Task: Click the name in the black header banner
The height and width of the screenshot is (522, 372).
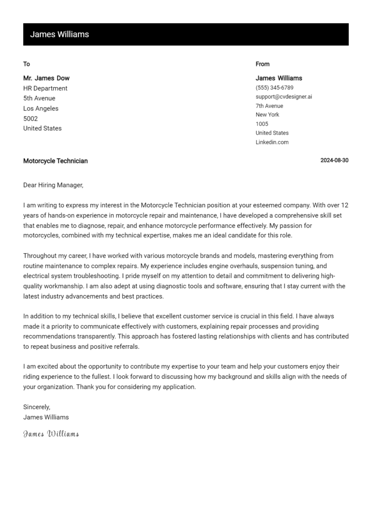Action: [60, 34]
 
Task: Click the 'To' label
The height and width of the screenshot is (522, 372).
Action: [27, 64]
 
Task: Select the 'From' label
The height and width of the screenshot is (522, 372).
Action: [263, 64]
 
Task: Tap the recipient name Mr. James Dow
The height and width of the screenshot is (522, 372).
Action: [46, 78]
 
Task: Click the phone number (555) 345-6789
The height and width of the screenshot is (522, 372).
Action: [274, 88]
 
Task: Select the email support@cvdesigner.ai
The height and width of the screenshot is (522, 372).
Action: [284, 97]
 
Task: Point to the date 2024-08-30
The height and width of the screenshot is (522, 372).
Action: [334, 161]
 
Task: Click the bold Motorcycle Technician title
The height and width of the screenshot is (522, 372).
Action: [55, 161]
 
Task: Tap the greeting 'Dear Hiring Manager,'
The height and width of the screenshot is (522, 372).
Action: [53, 185]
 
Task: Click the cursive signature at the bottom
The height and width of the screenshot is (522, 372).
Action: [51, 434]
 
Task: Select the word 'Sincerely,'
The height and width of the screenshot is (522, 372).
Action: [37, 407]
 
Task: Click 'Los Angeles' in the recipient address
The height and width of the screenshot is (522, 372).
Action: [41, 108]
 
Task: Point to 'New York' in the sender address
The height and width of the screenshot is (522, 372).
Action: [267, 115]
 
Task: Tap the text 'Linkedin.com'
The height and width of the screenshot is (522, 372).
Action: [272, 142]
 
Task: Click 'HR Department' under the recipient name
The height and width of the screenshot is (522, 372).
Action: [45, 88]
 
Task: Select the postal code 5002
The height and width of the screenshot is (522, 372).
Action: [30, 119]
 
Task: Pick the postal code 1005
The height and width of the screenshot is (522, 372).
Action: [262, 124]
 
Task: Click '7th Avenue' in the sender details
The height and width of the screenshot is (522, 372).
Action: [269, 106]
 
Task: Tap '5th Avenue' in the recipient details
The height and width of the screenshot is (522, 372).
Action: [39, 98]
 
